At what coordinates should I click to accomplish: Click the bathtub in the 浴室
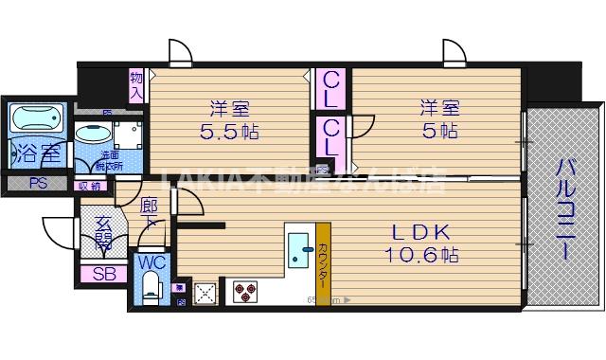[36, 119]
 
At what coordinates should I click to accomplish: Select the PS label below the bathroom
[38, 184]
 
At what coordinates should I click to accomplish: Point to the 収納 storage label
[89, 186]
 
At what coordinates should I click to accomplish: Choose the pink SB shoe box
[104, 276]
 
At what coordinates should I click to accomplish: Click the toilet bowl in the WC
[151, 288]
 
